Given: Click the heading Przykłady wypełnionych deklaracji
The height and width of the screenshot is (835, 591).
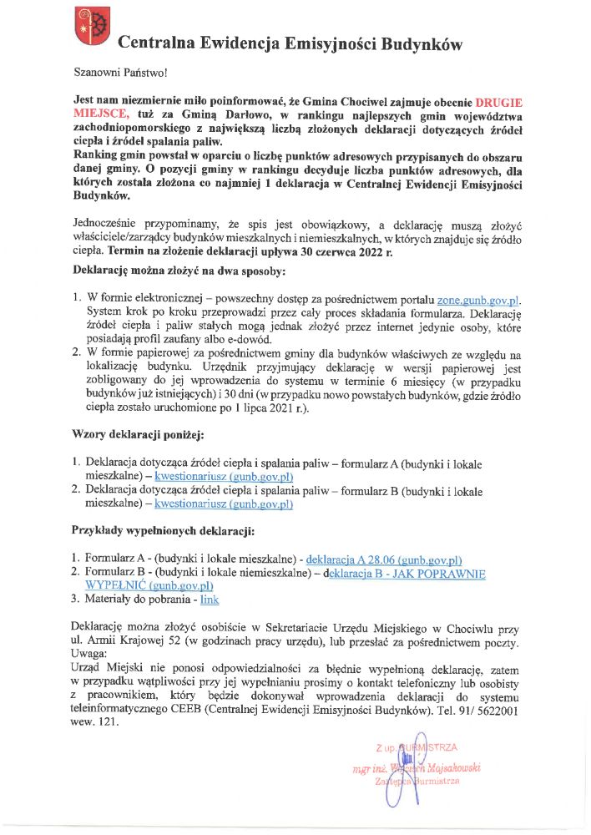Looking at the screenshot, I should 163,531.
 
